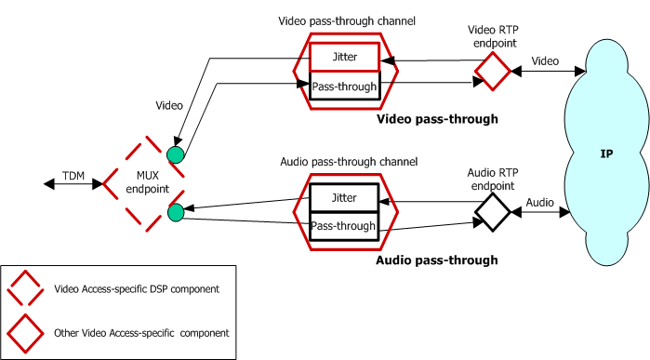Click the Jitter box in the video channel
(344, 57)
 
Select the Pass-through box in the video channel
(344, 87)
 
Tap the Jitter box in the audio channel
(343, 197)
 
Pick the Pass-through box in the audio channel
(343, 226)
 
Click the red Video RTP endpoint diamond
(492, 70)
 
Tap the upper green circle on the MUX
(176, 152)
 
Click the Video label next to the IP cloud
(546, 60)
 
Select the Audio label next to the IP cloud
(540, 202)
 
